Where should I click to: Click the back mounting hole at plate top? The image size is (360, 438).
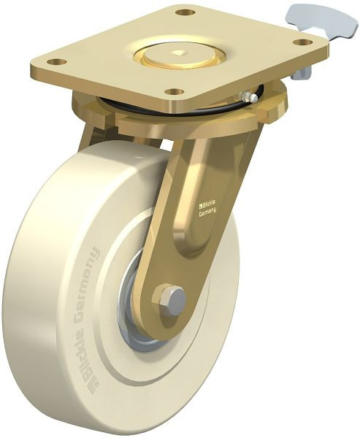point(185,12)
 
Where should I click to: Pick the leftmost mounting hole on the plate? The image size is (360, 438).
point(57,61)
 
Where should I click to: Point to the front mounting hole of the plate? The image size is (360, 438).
point(175,91)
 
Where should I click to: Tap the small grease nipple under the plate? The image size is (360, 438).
point(249,96)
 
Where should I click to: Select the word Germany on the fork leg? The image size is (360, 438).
point(207,213)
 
